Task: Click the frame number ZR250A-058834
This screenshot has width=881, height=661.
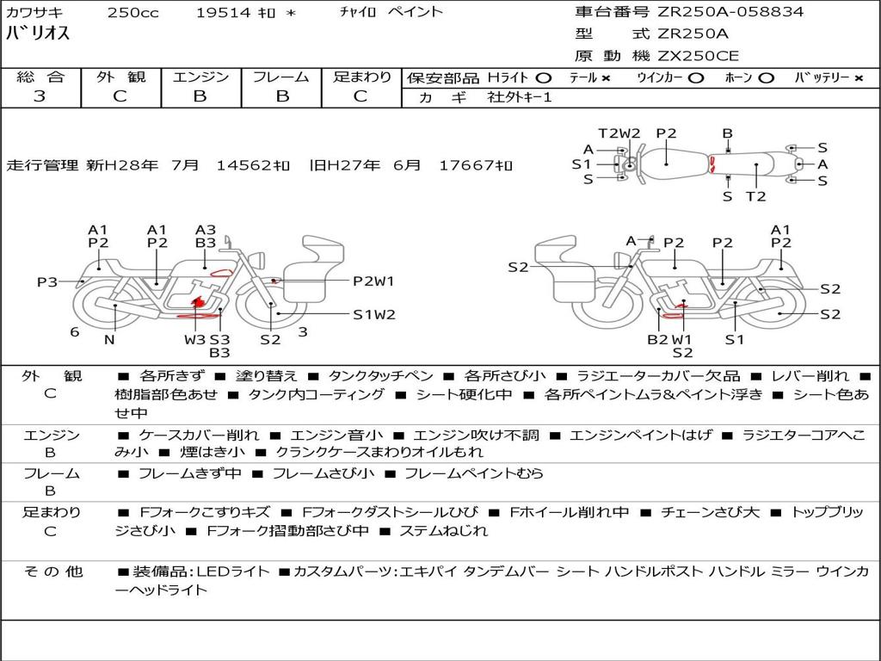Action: [730, 11]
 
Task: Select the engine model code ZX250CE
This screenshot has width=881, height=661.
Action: [698, 56]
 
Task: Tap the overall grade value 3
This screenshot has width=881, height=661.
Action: [40, 96]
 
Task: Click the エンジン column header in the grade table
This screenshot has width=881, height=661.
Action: [200, 77]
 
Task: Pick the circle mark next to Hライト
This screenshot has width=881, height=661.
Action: [544, 78]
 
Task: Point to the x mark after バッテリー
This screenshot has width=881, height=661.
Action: [859, 78]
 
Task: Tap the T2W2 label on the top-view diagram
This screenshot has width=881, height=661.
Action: [619, 133]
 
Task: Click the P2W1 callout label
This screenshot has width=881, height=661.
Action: [373, 281]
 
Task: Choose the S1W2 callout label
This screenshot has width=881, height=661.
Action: [374, 315]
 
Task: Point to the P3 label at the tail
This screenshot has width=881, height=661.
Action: [47, 281]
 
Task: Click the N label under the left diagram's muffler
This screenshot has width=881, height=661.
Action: [109, 339]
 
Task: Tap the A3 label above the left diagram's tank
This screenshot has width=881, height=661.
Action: [205, 230]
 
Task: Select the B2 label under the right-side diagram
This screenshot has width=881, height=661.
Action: [657, 339]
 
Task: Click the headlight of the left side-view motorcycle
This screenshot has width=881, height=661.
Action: [259, 261]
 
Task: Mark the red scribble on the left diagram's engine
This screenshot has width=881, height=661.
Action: [197, 304]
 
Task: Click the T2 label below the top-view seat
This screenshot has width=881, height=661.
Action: [756, 196]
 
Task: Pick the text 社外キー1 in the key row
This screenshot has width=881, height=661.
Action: [520, 97]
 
